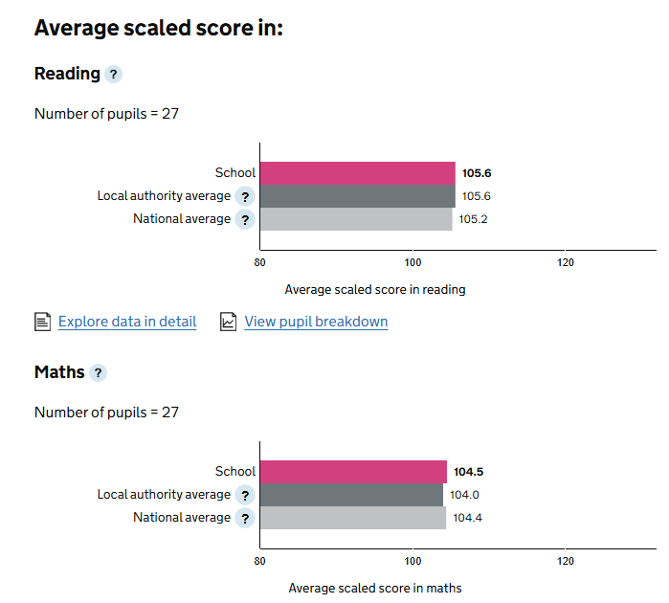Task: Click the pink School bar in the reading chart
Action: tap(357, 173)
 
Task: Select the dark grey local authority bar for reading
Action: tap(357, 196)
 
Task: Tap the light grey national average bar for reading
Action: tap(355, 219)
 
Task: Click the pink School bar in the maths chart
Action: tap(353, 472)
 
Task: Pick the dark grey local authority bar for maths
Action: tap(351, 495)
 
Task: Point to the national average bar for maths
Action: tap(353, 518)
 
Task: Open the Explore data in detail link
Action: tap(127, 322)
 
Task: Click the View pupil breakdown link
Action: tap(316, 322)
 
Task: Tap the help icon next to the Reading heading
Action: tap(114, 75)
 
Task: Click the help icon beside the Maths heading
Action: tap(99, 373)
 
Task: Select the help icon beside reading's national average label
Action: tap(245, 220)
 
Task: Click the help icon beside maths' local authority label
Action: tap(245, 496)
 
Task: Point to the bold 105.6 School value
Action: tap(476, 174)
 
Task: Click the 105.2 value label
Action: tap(474, 219)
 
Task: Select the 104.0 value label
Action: tap(466, 495)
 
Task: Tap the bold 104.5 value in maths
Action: tap(469, 472)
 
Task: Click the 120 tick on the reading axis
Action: tap(566, 263)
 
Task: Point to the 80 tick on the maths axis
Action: tap(260, 562)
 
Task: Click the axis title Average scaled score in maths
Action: tap(374, 588)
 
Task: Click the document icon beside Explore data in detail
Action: tap(42, 322)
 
